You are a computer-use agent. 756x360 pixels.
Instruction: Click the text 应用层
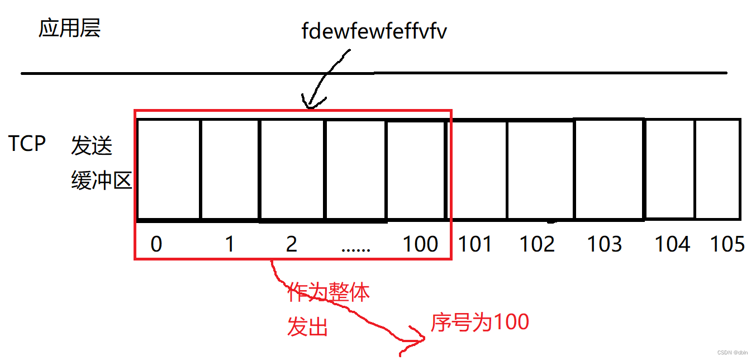click(x=69, y=28)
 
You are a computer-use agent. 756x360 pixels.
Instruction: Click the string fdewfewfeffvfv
click(x=374, y=31)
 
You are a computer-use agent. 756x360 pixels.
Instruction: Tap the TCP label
click(x=27, y=144)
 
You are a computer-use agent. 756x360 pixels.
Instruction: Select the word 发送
click(x=92, y=146)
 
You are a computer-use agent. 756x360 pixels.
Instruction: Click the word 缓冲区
click(x=101, y=180)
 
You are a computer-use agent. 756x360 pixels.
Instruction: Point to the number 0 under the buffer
click(x=156, y=244)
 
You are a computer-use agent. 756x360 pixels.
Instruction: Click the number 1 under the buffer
click(x=229, y=244)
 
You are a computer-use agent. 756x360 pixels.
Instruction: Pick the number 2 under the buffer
click(x=291, y=244)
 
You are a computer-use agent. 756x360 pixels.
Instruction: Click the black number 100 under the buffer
click(x=421, y=244)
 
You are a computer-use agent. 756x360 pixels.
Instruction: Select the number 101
click(x=475, y=244)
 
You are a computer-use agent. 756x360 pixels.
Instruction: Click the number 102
click(x=538, y=244)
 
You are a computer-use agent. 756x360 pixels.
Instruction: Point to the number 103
click(x=606, y=244)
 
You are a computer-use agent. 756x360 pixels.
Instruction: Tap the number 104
click(x=672, y=244)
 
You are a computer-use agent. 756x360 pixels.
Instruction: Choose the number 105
click(x=727, y=244)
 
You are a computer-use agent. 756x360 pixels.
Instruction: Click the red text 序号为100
click(x=480, y=322)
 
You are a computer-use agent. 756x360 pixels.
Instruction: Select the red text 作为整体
click(x=329, y=292)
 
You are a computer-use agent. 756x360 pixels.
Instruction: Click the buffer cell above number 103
click(x=608, y=169)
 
